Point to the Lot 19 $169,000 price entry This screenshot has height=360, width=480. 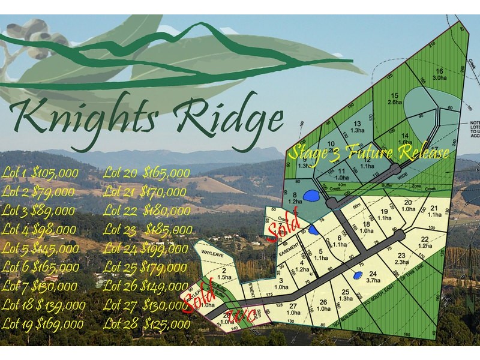coord(43,324)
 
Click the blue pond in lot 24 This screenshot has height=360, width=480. coord(358,276)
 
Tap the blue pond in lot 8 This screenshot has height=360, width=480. coord(310,195)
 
